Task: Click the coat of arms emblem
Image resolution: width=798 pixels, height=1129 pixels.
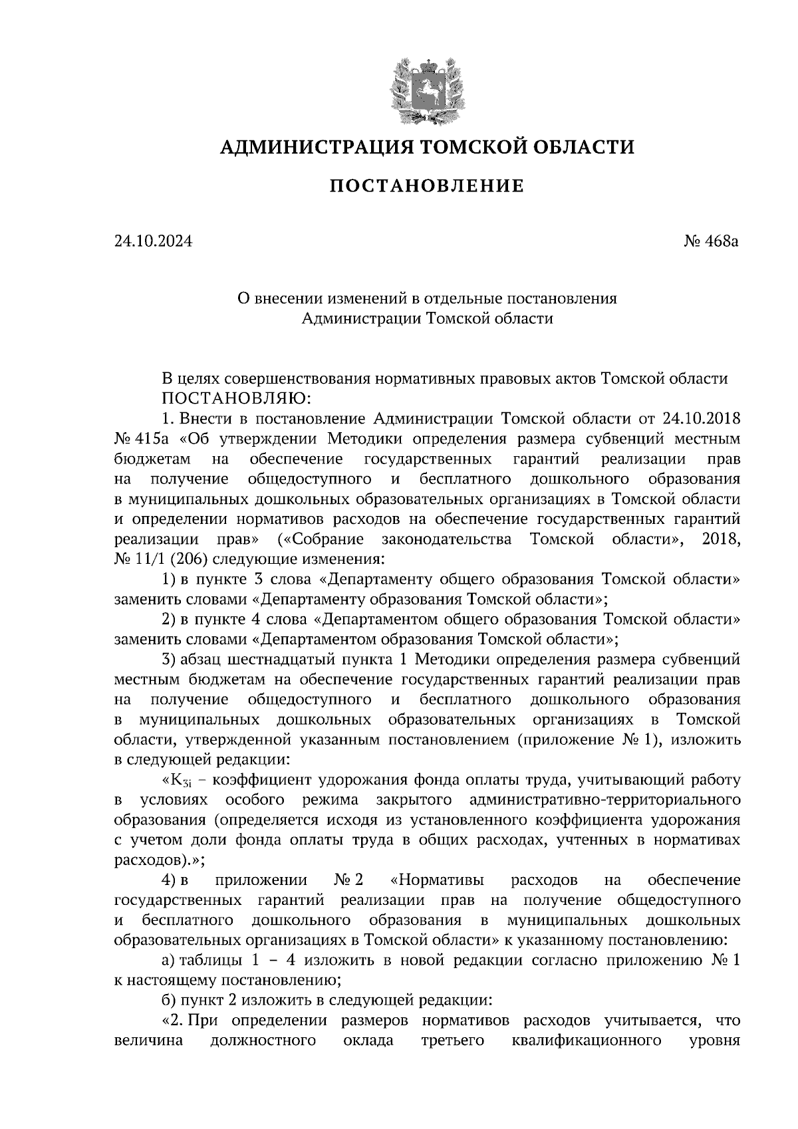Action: (x=426, y=91)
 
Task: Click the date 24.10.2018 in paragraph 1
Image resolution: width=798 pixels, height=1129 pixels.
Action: (x=702, y=419)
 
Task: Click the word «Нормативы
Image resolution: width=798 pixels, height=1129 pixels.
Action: (x=436, y=880)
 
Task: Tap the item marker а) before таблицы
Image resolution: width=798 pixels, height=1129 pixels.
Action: (x=169, y=960)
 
